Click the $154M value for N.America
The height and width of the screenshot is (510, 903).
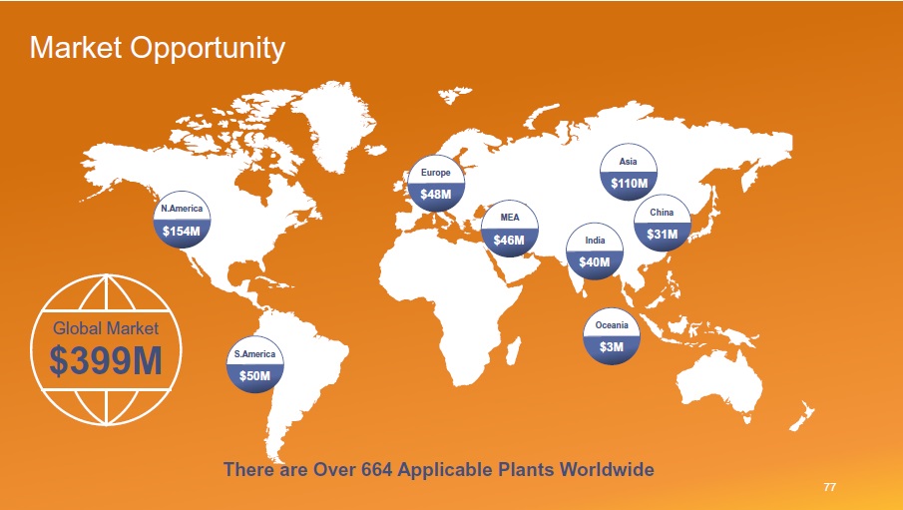(182, 232)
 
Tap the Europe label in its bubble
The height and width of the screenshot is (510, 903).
(435, 173)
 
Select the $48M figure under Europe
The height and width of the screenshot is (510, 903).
(435, 195)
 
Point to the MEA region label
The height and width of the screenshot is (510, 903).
(510, 218)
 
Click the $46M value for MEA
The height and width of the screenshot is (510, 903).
(509, 240)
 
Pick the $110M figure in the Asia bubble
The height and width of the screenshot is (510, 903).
(629, 184)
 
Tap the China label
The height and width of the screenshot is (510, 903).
(662, 212)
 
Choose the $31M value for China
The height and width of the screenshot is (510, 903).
(662, 235)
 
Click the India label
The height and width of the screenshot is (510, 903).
(595, 241)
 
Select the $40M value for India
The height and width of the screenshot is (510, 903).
(595, 262)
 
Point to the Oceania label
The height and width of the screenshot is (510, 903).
(612, 325)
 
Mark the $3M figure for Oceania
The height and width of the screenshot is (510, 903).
(611, 347)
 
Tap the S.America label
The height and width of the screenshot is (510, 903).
(254, 354)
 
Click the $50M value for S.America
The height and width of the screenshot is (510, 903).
(254, 375)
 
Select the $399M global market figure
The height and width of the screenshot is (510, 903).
(106, 361)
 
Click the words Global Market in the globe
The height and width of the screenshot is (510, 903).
(106, 328)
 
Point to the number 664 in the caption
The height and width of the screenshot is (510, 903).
(376, 469)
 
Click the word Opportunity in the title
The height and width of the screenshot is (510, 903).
(208, 47)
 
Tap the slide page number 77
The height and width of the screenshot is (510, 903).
(830, 487)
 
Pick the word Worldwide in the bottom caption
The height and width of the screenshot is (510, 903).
(607, 469)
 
